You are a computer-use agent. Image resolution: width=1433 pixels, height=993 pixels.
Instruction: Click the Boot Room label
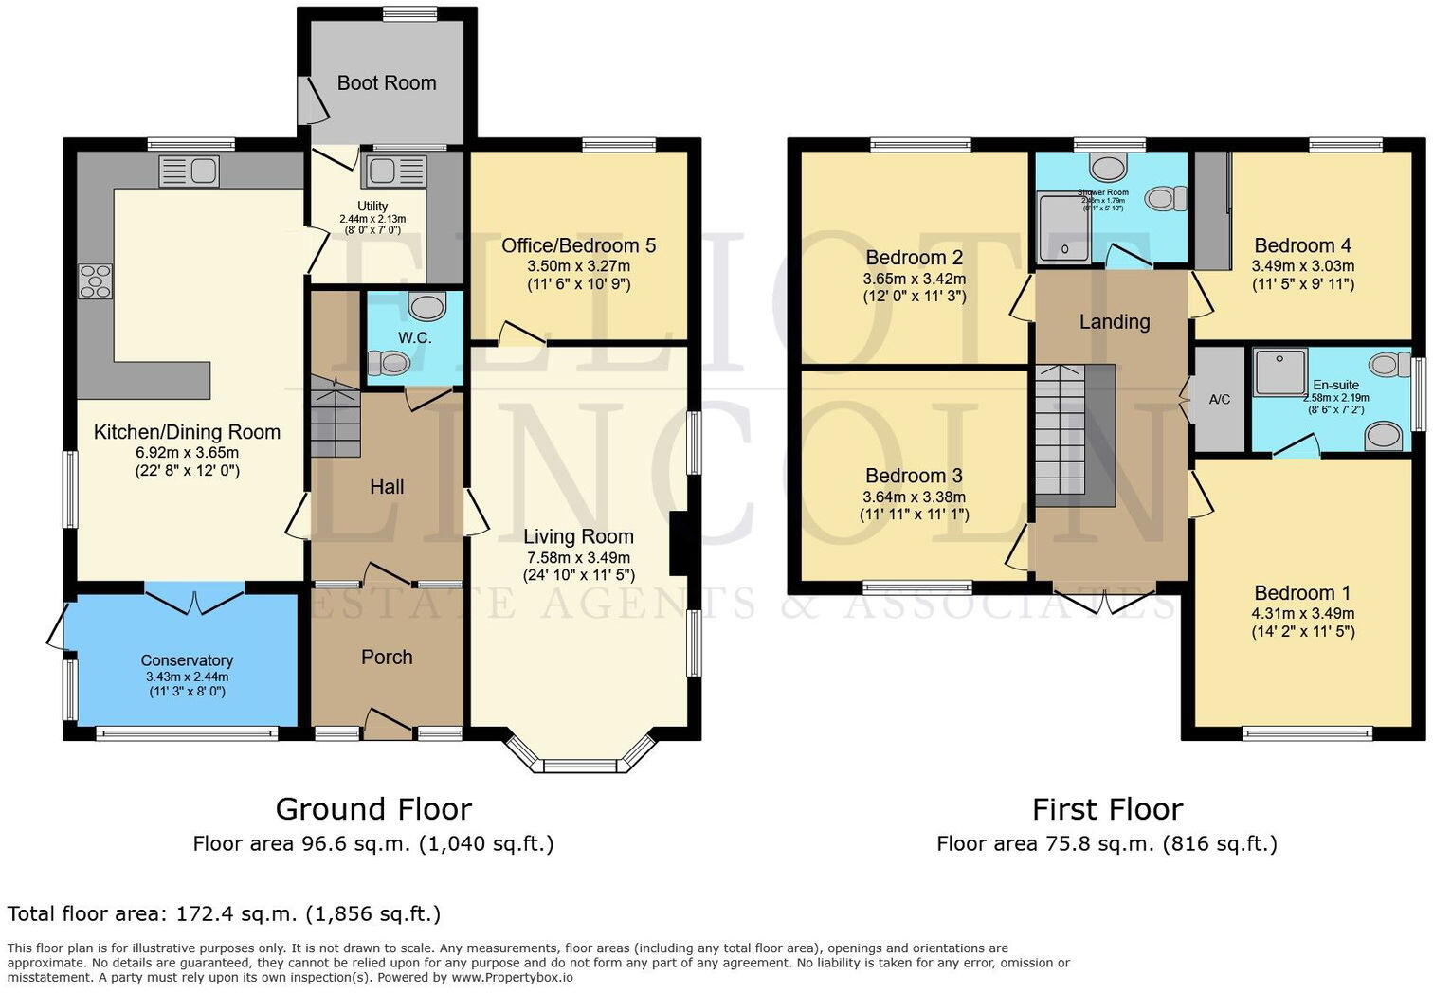pos(387,83)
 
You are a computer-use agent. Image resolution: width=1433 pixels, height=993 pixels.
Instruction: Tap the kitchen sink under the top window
pos(190,172)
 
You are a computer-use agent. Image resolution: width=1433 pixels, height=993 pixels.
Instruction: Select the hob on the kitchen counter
pos(94,281)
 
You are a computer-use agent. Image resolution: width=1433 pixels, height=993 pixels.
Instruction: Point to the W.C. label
pos(414,338)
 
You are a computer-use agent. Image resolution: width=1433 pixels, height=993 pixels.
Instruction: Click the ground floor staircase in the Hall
pos(336,417)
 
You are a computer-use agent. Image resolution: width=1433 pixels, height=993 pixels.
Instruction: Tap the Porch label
pos(387,658)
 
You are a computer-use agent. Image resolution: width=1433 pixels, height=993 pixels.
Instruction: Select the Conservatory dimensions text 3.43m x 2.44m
pos(187,677)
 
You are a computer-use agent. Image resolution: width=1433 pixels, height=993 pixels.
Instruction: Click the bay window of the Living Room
pos(580,758)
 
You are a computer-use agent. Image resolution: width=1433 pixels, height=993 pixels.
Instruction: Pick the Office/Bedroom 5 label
pos(578,246)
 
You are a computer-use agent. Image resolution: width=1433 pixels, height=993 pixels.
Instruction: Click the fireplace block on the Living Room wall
pos(679,544)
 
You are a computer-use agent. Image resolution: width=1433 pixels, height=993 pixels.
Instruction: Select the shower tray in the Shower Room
pos(1063,228)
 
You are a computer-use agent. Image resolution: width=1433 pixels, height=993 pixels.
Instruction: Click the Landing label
pos(1115,322)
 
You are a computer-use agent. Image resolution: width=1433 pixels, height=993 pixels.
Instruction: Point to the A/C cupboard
pos(1219,400)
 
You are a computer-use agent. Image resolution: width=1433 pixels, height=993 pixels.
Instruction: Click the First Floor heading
pos(1107,810)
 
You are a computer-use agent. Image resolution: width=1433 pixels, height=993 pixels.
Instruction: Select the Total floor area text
pos(224,914)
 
